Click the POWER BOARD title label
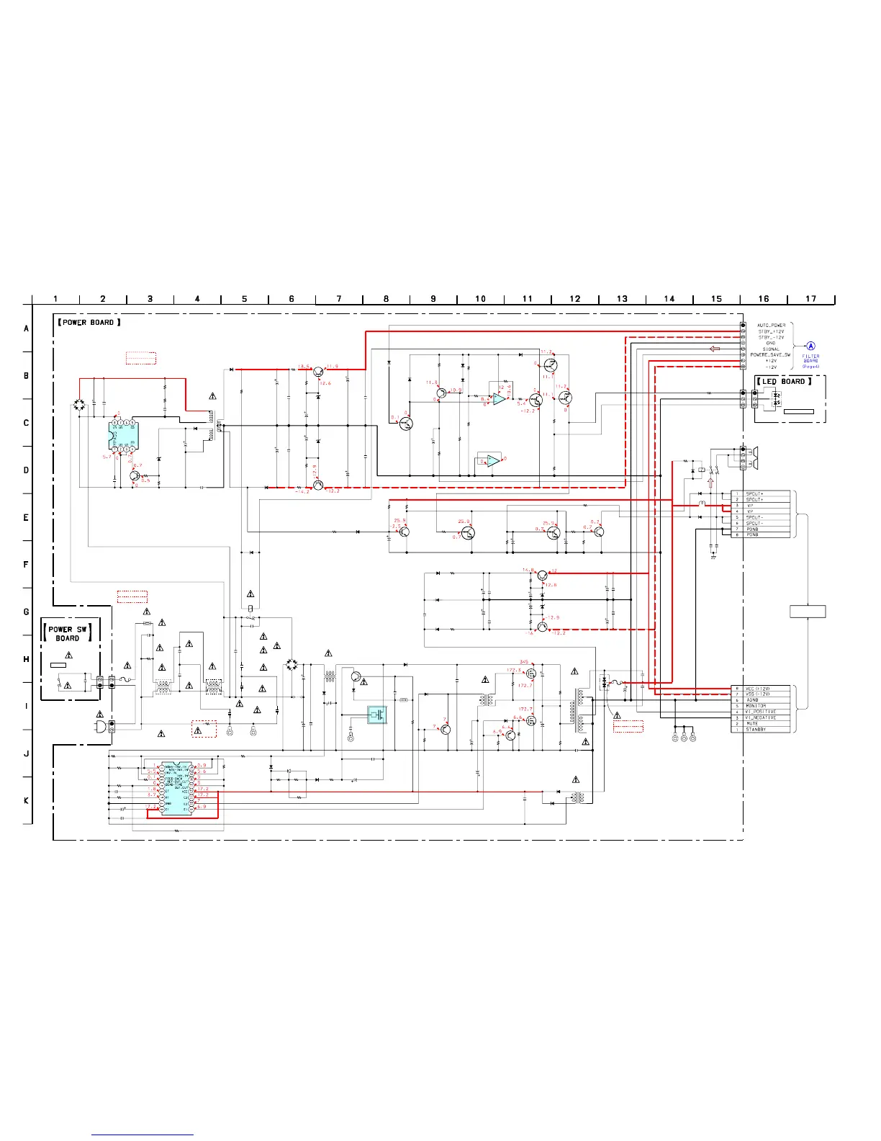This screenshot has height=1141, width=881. [x=89, y=323]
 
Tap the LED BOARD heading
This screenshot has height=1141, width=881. [x=784, y=381]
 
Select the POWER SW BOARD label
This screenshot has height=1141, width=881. [x=68, y=634]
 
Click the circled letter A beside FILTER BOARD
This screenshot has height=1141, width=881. [x=811, y=346]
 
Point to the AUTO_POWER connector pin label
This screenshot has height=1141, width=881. [x=772, y=326]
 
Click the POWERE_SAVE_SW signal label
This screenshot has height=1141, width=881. [x=770, y=355]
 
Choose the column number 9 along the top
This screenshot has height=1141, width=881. [x=433, y=299]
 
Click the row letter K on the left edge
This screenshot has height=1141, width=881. [x=27, y=801]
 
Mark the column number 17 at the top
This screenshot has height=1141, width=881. [x=811, y=299]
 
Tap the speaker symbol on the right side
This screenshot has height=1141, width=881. [x=754, y=453]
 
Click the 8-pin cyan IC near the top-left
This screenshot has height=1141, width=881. [x=123, y=435]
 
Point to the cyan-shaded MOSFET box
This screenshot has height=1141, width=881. [x=377, y=715]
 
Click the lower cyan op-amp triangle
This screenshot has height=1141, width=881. [x=493, y=460]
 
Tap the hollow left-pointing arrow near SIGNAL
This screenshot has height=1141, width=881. [x=715, y=349]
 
